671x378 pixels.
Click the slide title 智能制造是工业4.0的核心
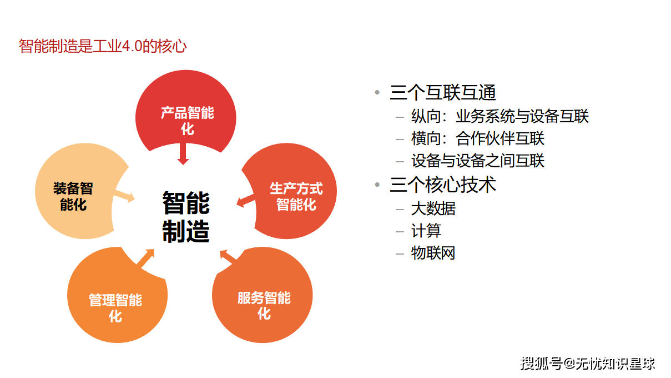pos(103,46)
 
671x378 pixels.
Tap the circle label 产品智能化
pos(187,121)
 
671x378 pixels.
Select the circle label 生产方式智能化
pos(296,196)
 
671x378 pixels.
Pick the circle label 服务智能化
pos(264,306)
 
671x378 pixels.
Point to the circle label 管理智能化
pos(115,308)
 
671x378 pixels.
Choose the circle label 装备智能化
pos(73,196)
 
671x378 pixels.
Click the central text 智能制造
pos(186,217)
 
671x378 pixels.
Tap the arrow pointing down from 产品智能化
pos(183,153)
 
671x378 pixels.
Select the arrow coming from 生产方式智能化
pos(246,201)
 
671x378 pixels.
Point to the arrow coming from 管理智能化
pos(145,259)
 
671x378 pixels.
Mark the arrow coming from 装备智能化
pos(124,196)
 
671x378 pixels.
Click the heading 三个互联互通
pos(442,92)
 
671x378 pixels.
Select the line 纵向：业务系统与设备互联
pos(500,116)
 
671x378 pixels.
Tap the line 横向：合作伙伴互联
pos(477,138)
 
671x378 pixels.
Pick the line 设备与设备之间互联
pos(477,161)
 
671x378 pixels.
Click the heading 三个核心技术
pos(442,185)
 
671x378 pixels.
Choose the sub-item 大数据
pos(433,208)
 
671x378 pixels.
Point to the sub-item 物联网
pos(433,253)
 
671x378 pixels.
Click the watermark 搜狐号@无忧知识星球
pos(588,364)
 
